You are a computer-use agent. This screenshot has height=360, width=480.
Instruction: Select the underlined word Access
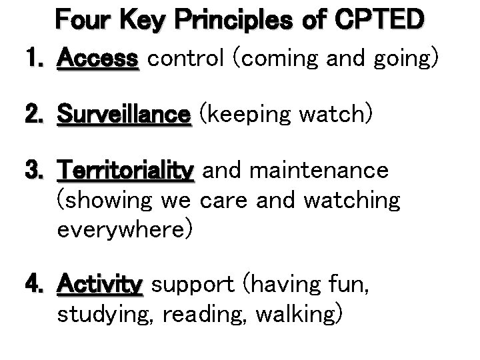(x=99, y=59)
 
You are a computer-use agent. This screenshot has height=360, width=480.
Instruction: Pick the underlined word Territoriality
(x=126, y=171)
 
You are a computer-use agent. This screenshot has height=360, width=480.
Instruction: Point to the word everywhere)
(x=125, y=230)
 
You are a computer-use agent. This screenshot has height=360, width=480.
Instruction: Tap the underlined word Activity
(x=100, y=285)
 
